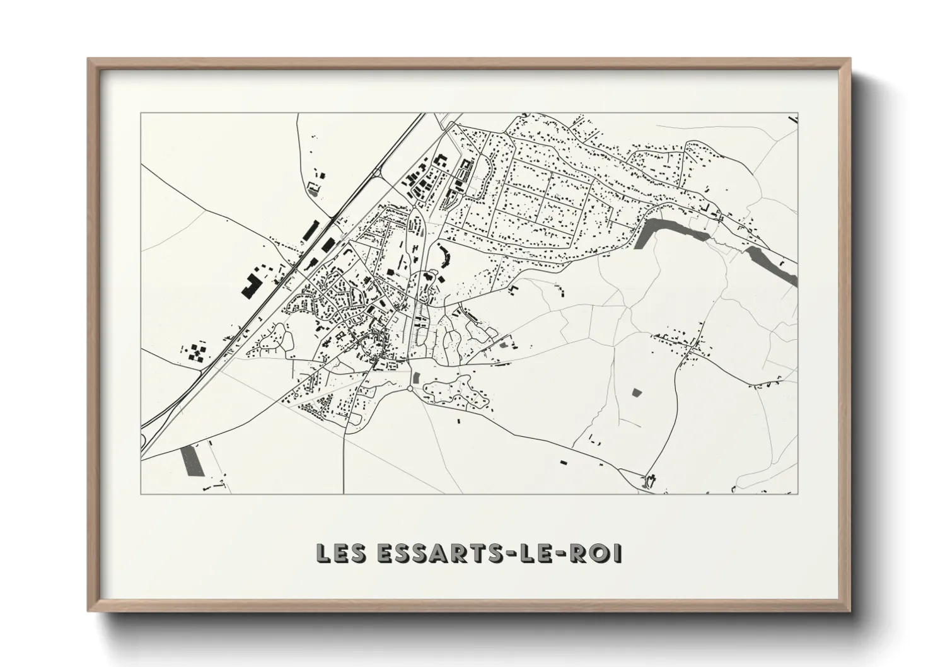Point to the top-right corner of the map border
798,113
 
